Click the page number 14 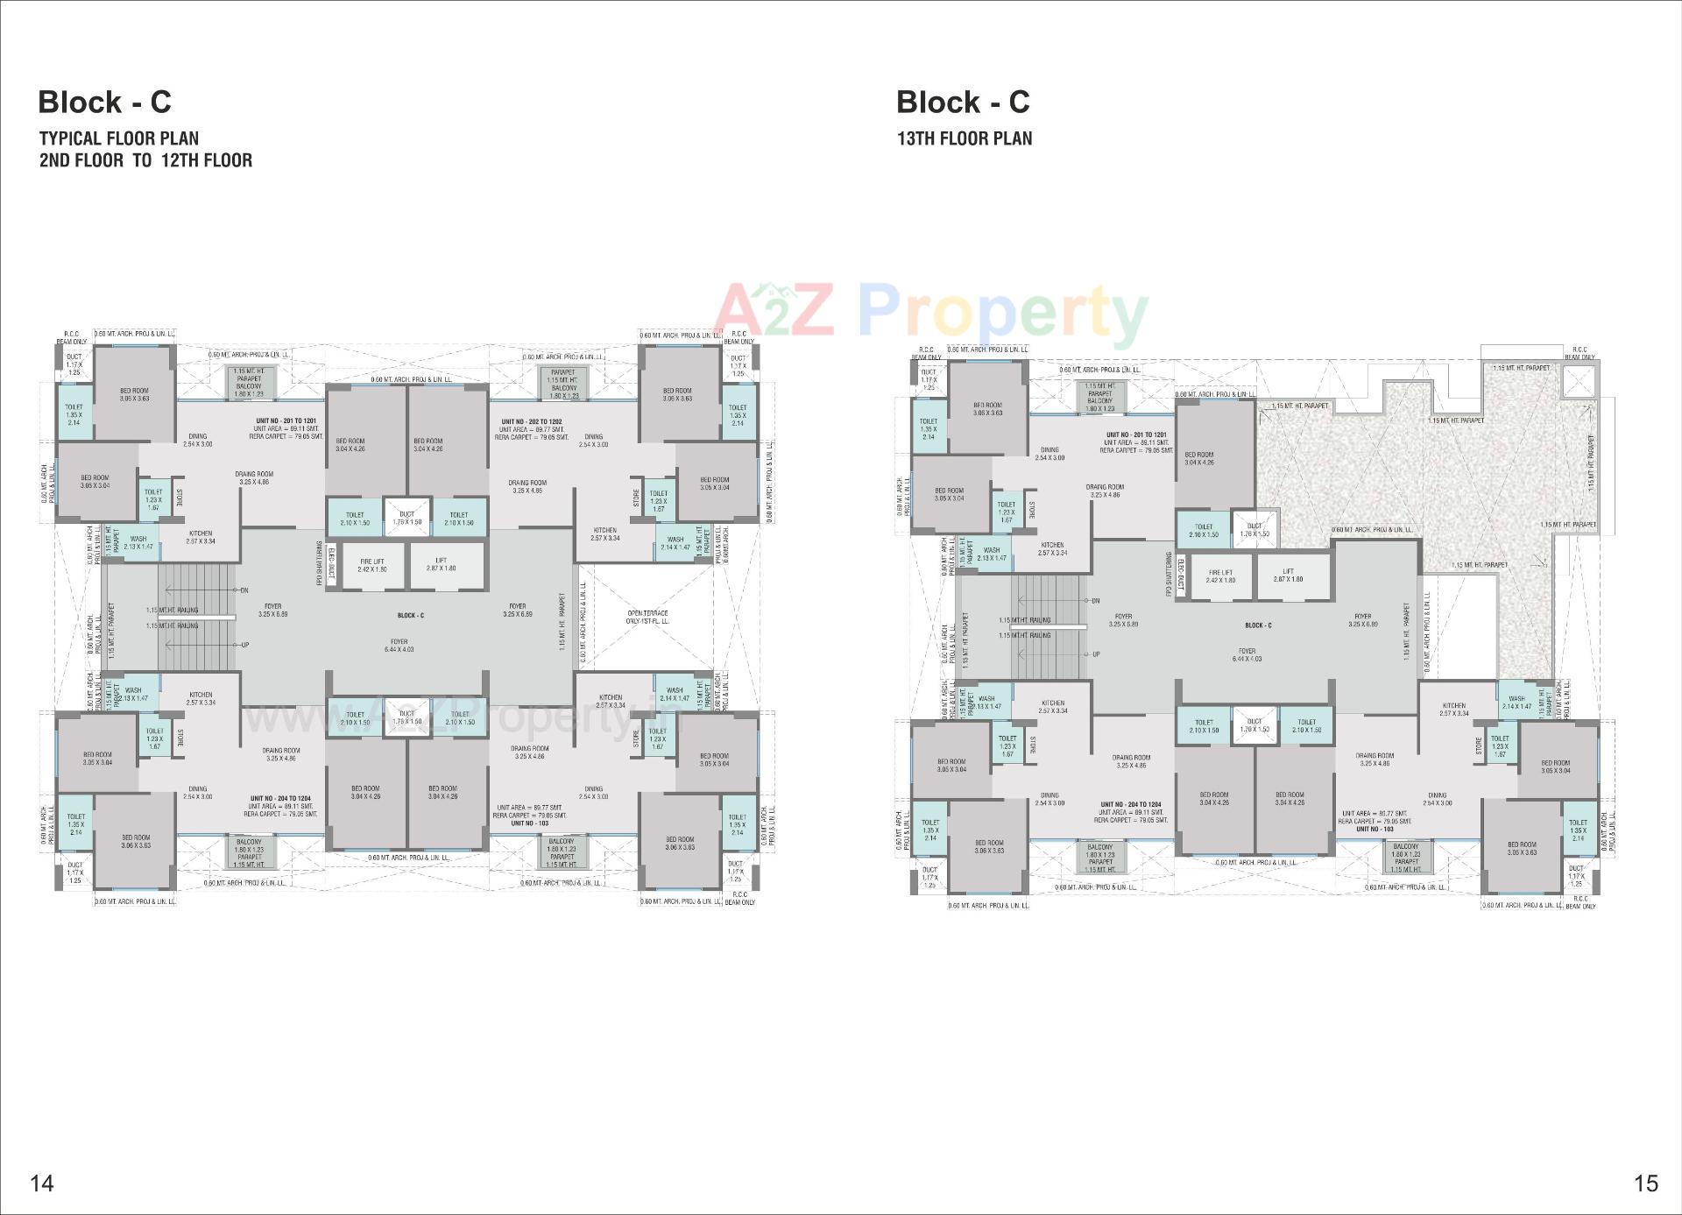point(42,1183)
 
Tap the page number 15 point(1646,1183)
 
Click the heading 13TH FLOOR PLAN point(964,138)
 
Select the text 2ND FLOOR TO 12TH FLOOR point(145,160)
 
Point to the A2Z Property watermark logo point(931,313)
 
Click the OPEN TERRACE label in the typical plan point(647,617)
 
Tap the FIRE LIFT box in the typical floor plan point(371,565)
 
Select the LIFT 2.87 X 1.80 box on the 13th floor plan point(1288,576)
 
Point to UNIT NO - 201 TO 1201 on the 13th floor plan point(1135,435)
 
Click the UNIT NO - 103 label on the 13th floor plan point(1375,829)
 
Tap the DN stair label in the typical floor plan point(244,590)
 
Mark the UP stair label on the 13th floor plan point(1096,654)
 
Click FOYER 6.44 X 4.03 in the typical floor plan point(399,646)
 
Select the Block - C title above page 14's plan point(104,102)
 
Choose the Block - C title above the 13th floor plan point(963,102)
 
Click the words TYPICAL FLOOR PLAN point(118,138)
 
